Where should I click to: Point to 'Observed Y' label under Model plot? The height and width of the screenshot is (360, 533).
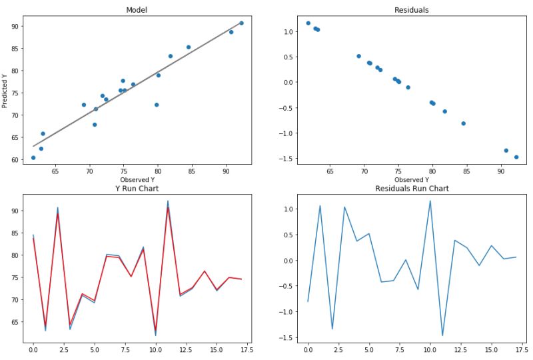[x=137, y=180]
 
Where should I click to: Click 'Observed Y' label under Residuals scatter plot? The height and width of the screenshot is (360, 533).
[x=412, y=180]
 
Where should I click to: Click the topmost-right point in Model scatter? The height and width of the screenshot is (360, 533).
[x=241, y=23]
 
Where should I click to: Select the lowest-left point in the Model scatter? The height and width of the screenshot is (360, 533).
[x=33, y=158]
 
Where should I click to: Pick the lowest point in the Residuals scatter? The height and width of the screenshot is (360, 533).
[x=516, y=157]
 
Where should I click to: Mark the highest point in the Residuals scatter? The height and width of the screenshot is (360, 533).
[x=308, y=23]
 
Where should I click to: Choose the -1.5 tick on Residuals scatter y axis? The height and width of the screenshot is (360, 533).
[x=286, y=159]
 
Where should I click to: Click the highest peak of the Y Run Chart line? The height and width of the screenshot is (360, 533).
[x=168, y=201]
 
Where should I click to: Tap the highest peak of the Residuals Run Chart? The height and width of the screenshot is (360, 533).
[x=430, y=201]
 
